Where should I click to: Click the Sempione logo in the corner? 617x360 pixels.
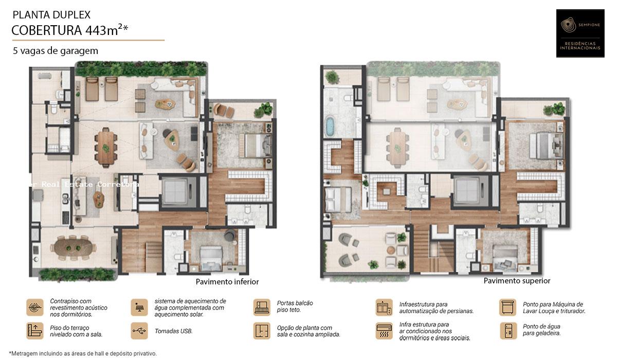click(x=580, y=33)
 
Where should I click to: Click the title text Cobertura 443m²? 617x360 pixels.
click(x=69, y=30)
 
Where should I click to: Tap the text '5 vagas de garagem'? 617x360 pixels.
click(x=56, y=51)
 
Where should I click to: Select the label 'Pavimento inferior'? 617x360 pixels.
click(x=227, y=282)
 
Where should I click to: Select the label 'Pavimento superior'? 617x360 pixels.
click(x=517, y=281)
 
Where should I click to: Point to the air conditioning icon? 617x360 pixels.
click(x=384, y=331)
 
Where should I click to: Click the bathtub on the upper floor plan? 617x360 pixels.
click(x=330, y=126)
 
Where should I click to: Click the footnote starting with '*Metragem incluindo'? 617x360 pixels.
click(x=83, y=353)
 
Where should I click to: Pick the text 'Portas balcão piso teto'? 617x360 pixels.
click(x=295, y=307)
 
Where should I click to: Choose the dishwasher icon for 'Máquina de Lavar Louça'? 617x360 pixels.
click(x=507, y=307)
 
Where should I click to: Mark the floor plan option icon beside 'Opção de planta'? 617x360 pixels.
click(x=262, y=331)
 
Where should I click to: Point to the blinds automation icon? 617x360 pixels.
click(x=384, y=307)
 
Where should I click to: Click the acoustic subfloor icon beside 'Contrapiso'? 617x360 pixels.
click(x=35, y=307)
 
